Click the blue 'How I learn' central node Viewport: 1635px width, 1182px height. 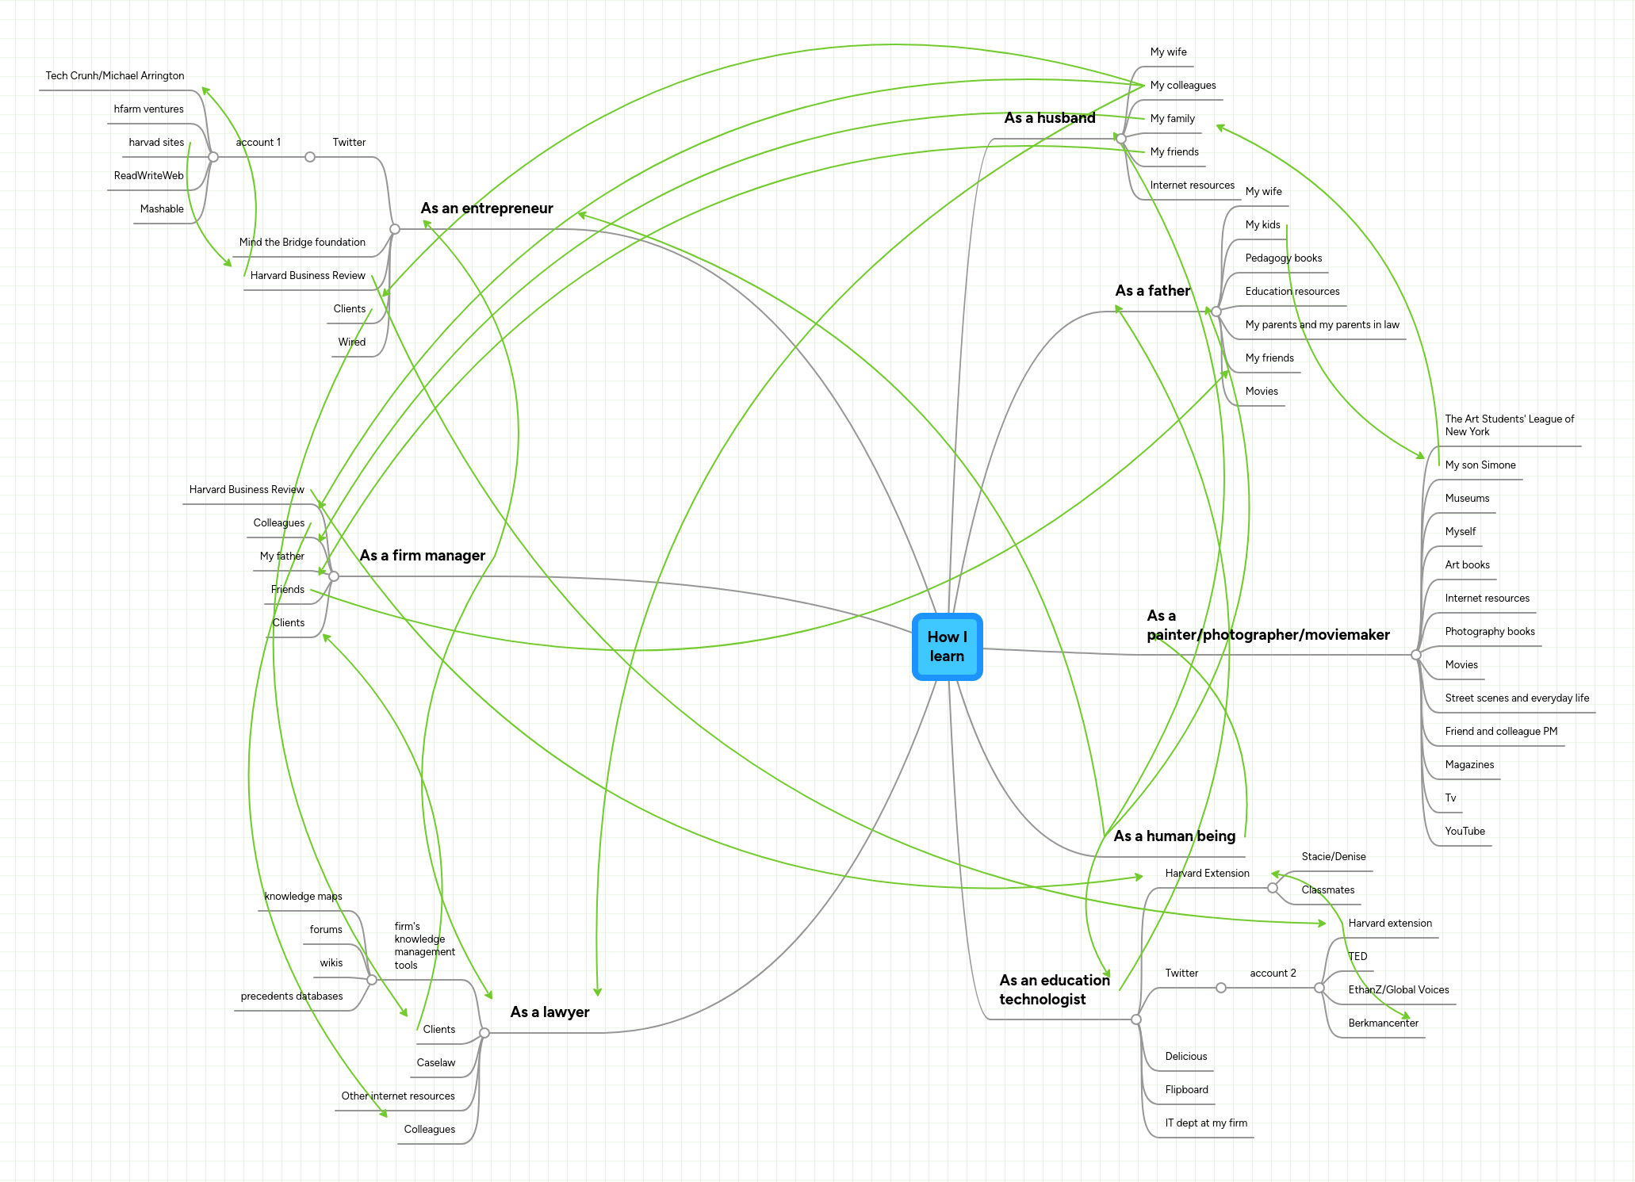947,646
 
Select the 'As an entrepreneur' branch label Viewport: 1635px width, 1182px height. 487,208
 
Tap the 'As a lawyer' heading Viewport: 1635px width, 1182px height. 549,1012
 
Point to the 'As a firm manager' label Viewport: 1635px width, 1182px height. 422,556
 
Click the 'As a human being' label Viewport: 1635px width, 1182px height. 1174,836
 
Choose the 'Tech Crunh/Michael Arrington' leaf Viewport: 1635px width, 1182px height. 115,76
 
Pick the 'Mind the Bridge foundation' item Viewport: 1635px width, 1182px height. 302,243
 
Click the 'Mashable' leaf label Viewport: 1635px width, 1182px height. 162,209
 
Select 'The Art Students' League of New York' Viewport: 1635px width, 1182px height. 1509,426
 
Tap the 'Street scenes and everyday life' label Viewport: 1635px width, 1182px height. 1517,698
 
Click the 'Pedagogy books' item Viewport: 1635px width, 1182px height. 1283,258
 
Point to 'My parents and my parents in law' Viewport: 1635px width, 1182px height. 1322,325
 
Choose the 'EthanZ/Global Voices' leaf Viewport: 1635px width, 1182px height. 1398,990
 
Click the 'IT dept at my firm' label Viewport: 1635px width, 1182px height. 1206,1123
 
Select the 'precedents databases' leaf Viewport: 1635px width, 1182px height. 292,996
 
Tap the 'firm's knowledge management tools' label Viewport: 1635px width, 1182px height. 424,946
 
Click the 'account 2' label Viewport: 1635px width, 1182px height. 1273,974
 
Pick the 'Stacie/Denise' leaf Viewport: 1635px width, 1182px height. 1334,857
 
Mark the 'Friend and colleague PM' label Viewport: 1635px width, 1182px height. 1501,732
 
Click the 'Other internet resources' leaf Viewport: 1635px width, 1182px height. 398,1096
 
